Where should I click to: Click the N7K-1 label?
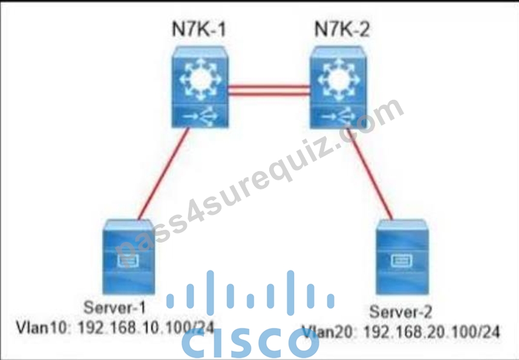[199, 30]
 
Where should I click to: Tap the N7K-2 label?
[342, 30]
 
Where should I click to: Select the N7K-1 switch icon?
[200, 87]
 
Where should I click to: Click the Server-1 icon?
[128, 257]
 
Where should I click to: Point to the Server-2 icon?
[402, 257]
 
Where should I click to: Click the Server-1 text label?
[114, 308]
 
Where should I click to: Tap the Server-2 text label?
[400, 312]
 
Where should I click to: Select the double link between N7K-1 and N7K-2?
[269, 91]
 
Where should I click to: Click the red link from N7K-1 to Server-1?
[163, 174]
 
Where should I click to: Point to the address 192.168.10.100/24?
[146, 328]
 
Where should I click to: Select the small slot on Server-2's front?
[401, 260]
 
